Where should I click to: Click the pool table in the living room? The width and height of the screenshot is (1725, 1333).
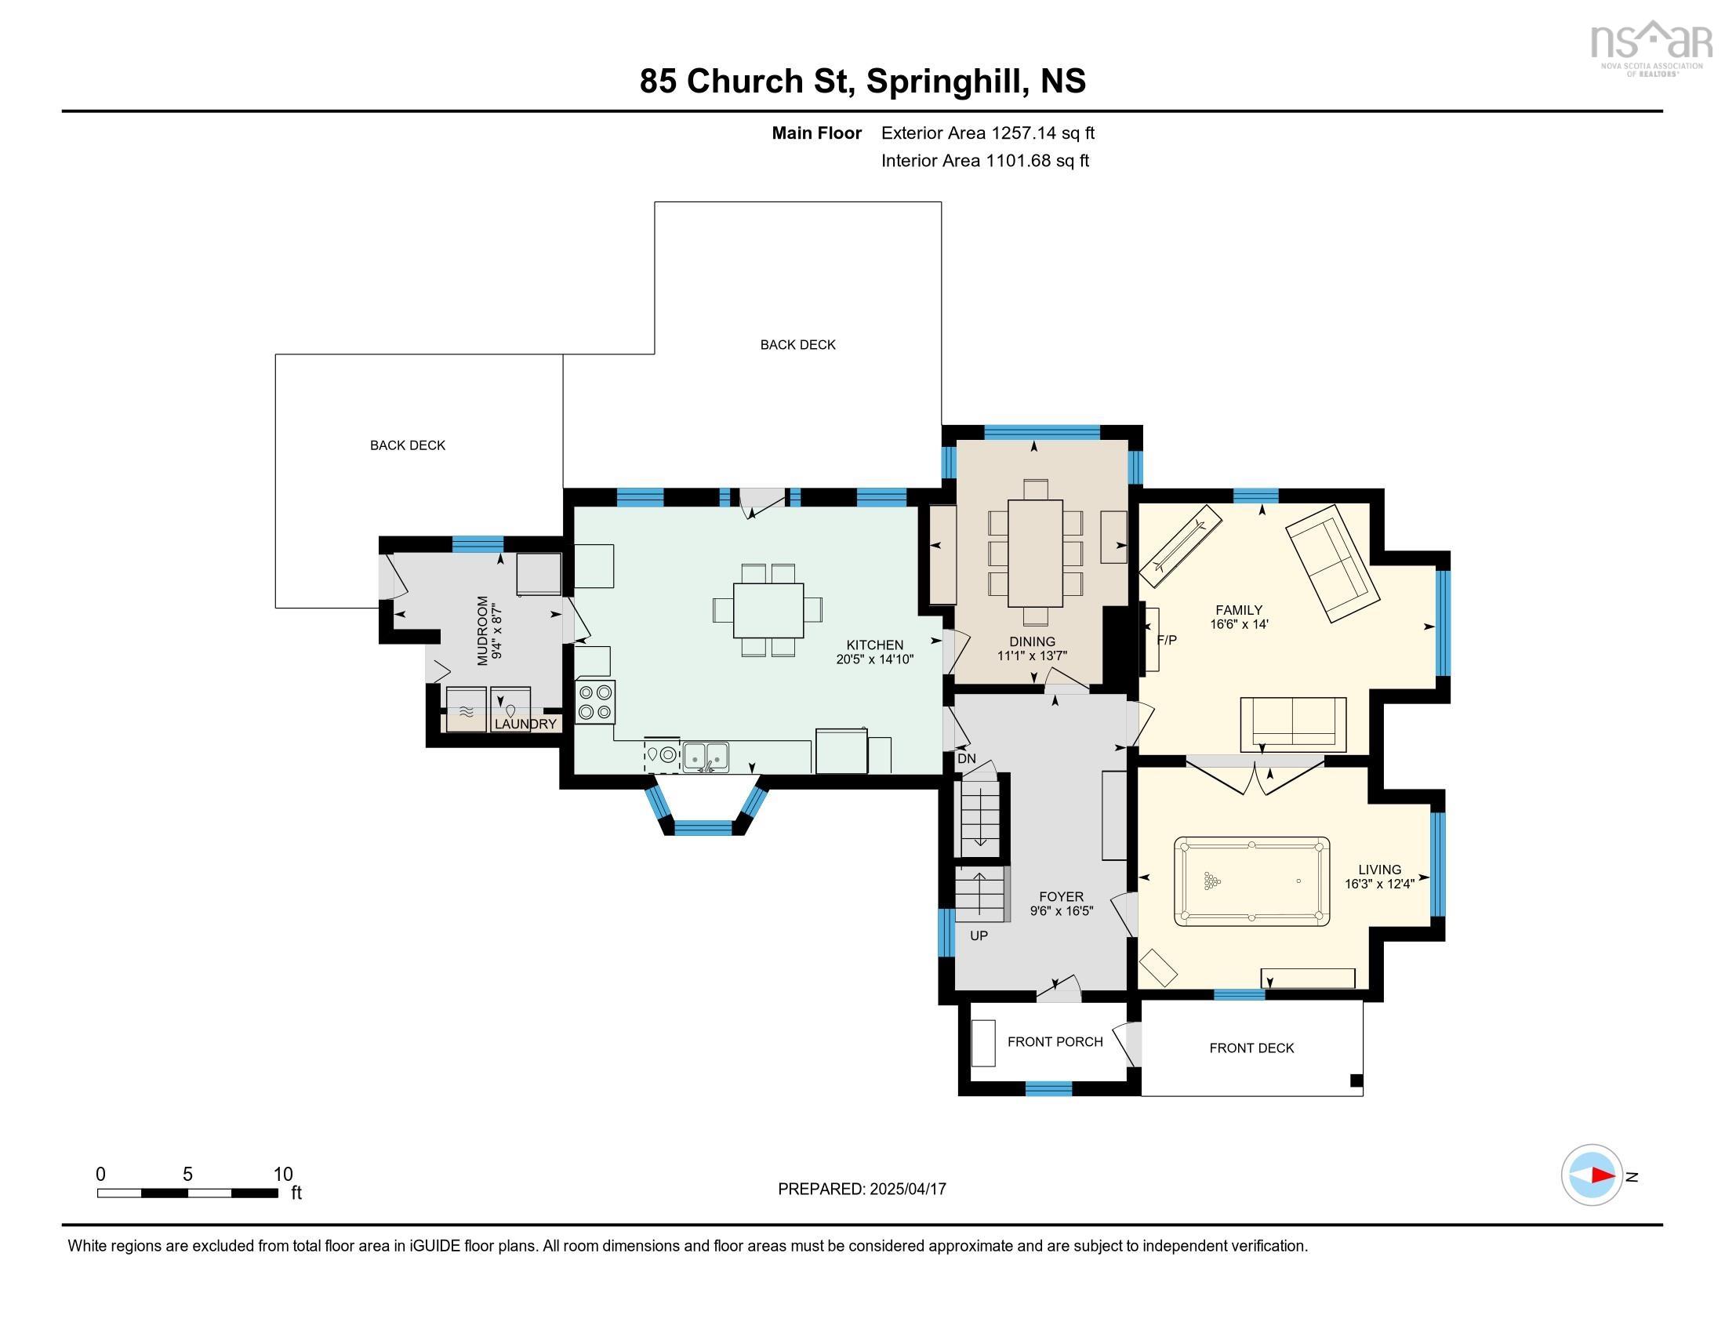click(1251, 881)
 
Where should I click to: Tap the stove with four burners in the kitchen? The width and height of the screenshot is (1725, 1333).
click(595, 701)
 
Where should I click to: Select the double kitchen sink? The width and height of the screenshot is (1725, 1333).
click(706, 757)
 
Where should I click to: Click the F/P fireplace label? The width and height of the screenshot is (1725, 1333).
click(1167, 640)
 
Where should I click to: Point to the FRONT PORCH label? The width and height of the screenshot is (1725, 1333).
click(1055, 1041)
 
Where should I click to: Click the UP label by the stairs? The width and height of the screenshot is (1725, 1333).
click(979, 935)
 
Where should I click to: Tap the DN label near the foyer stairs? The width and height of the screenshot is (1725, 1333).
click(966, 759)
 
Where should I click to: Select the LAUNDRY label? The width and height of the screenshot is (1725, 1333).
click(525, 724)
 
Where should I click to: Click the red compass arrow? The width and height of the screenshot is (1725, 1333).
click(1603, 1175)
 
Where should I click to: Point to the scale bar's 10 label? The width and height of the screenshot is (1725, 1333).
click(283, 1174)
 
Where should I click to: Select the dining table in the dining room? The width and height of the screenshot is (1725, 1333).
click(1035, 553)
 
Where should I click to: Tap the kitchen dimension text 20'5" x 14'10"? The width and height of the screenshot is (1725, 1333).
click(874, 659)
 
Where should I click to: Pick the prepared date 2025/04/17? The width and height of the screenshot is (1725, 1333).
click(906, 1189)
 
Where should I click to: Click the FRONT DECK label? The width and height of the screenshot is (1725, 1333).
click(1251, 1048)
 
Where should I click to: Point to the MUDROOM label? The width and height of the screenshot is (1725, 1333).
click(482, 630)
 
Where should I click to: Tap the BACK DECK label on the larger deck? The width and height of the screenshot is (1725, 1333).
click(797, 344)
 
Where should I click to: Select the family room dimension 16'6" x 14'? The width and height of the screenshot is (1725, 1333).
click(1238, 624)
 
